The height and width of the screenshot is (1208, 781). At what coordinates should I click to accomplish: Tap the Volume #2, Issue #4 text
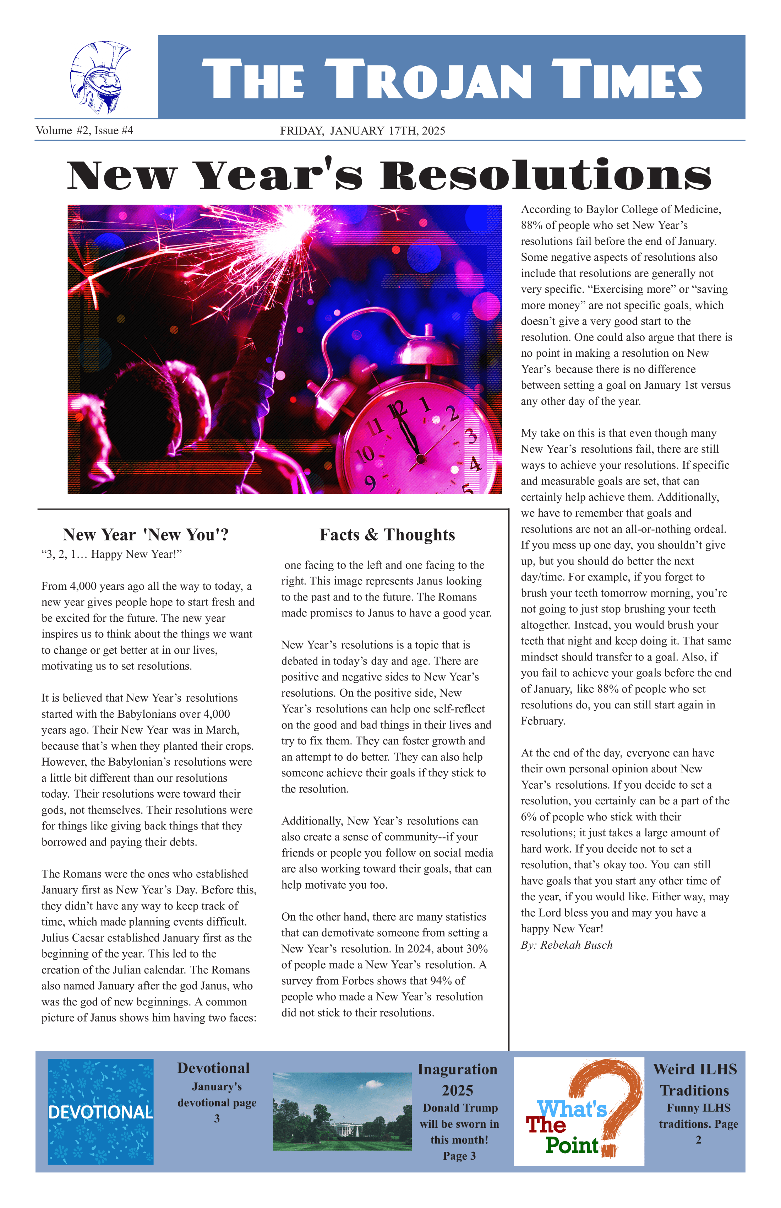pyautogui.click(x=84, y=130)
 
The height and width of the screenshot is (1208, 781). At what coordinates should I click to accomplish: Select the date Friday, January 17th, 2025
pyautogui.click(x=362, y=131)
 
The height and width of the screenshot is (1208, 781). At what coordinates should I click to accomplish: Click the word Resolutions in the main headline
pyautogui.click(x=545, y=176)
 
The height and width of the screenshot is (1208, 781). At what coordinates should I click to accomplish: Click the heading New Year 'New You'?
pyautogui.click(x=146, y=534)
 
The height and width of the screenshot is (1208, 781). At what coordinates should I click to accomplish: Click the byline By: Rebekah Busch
pyautogui.click(x=567, y=945)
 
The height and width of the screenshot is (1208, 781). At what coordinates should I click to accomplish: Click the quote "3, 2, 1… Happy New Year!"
pyautogui.click(x=111, y=554)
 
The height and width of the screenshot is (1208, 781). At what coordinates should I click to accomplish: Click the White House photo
pyautogui.click(x=342, y=1112)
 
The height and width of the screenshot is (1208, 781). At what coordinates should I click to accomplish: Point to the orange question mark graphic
pyautogui.click(x=608, y=1096)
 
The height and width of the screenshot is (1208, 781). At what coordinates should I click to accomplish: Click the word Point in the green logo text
pyautogui.click(x=572, y=1145)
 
